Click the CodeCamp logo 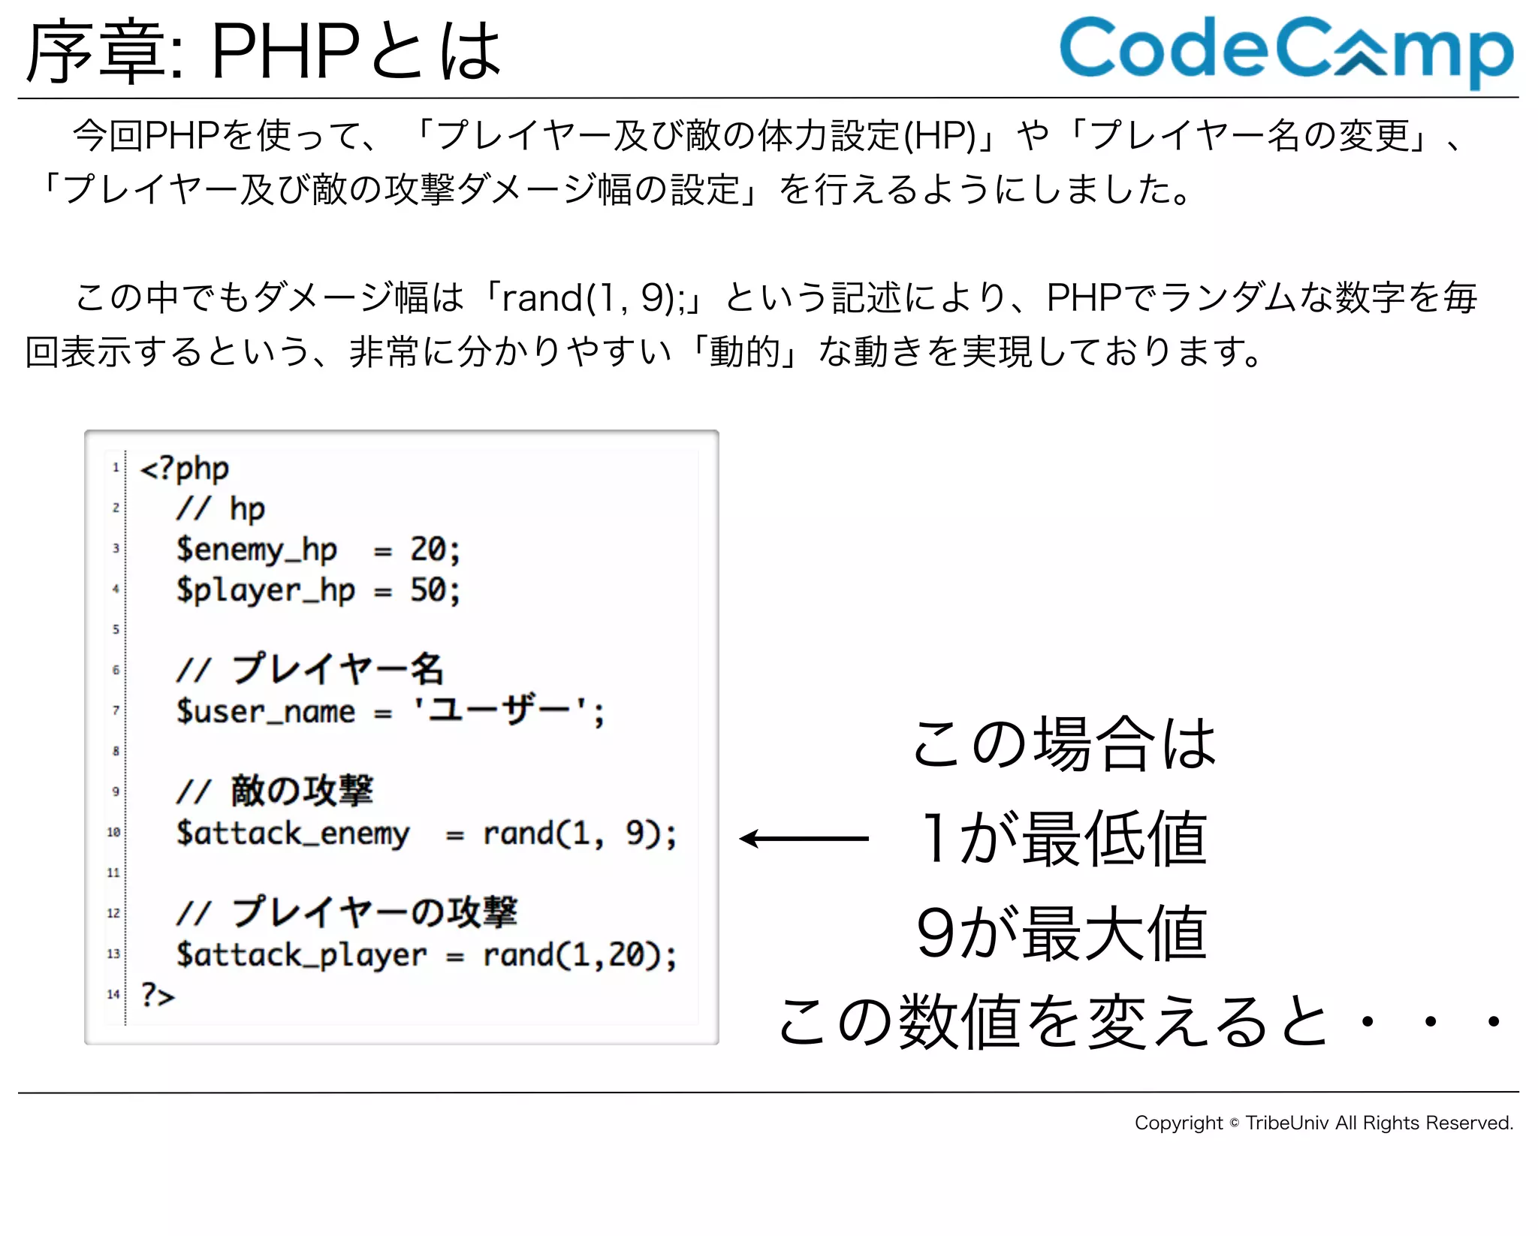pos(1286,50)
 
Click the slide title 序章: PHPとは pos(263,51)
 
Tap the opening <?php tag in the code pos(184,469)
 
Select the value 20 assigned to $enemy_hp pos(428,550)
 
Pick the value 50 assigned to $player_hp pos(428,590)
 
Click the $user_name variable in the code pos(265,711)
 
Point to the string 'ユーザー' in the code pos(499,710)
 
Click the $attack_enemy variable pos(293,834)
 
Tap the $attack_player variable pos(301,955)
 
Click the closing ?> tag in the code pos(157,995)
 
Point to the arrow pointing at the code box pos(804,838)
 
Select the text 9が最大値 pos(1061,933)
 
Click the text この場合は pos(1063,743)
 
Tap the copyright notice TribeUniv pos(1323,1123)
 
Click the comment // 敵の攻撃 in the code pos(275,791)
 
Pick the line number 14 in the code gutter pos(113,994)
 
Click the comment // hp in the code pos(221,509)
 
